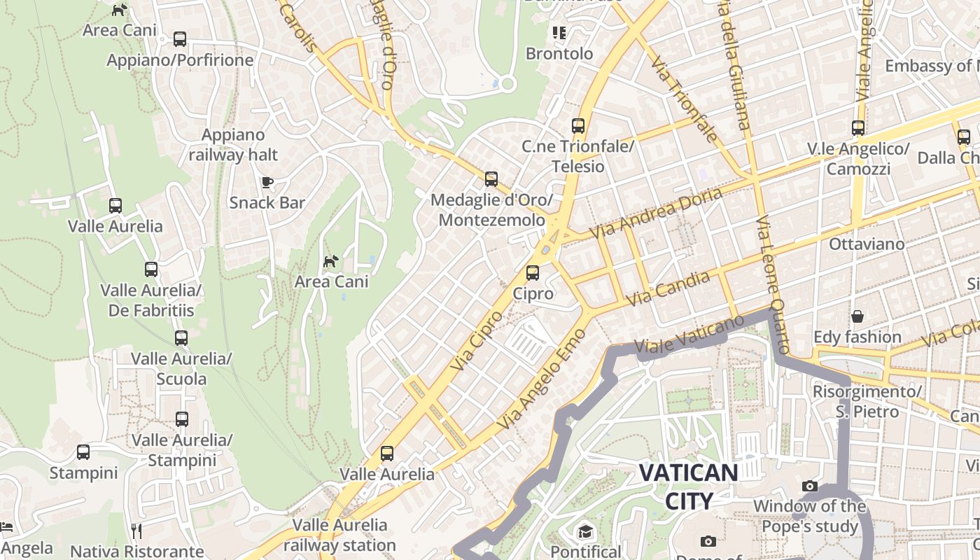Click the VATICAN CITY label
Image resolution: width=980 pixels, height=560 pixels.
coord(688,486)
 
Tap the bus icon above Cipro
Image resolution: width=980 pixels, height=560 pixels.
coord(533,272)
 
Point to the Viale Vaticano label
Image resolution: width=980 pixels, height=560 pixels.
coord(689,335)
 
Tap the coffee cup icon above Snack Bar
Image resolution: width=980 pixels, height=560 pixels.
coord(267,183)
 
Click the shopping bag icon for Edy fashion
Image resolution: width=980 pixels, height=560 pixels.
coord(857,316)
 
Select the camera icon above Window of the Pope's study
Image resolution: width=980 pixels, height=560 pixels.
coord(810,486)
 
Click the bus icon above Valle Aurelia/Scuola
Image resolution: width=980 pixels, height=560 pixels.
coord(181,338)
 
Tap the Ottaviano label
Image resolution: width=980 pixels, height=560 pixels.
coord(867,244)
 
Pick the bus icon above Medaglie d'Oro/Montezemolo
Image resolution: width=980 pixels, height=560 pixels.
coord(491,179)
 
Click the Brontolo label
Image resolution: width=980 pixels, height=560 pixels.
coord(559,54)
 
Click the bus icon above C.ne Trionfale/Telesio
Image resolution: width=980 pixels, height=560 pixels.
coord(578,126)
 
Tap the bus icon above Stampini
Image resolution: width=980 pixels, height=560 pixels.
coord(83,452)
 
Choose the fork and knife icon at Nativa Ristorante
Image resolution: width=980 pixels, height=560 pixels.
coord(136,531)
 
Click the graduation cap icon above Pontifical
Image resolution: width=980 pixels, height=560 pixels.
coord(585,532)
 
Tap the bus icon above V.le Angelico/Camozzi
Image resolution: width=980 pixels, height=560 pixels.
coord(858,128)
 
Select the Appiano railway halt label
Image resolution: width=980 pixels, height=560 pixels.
coord(233,145)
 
